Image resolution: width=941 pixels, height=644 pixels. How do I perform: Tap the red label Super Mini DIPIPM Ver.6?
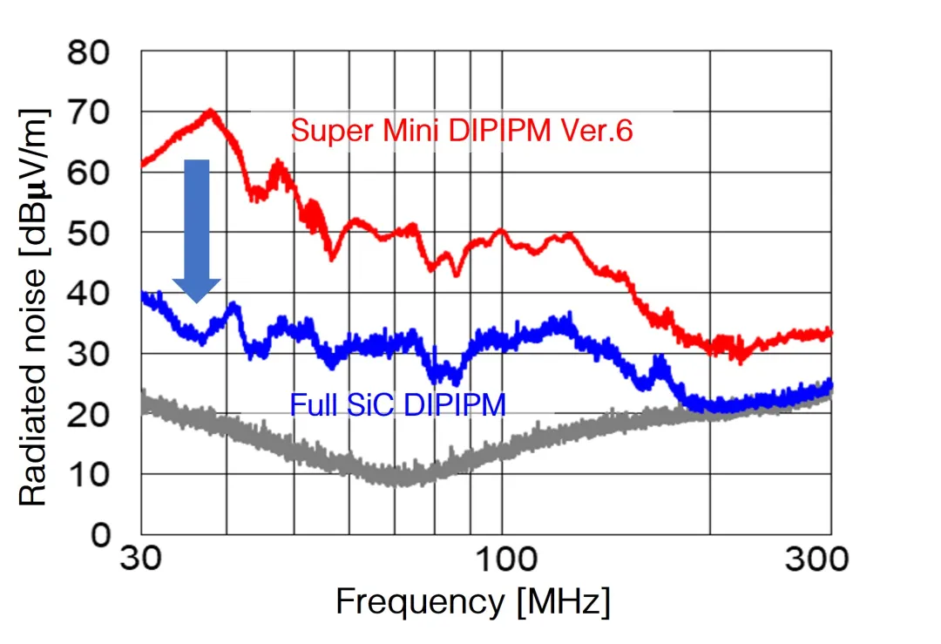click(x=461, y=132)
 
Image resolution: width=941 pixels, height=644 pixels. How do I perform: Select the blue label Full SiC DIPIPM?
click(x=397, y=404)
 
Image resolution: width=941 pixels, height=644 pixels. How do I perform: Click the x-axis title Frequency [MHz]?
click(x=472, y=602)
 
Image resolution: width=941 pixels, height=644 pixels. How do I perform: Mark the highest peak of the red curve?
click(x=210, y=111)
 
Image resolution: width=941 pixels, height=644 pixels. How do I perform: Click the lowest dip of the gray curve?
click(x=399, y=481)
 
